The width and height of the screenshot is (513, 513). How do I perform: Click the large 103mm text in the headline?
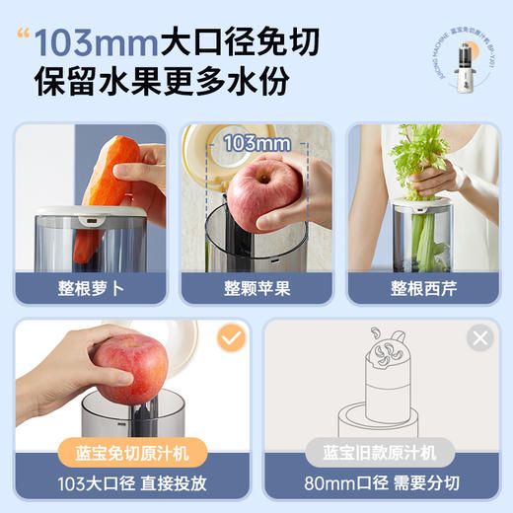[97, 44]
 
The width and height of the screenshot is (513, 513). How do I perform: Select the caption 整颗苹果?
[256, 289]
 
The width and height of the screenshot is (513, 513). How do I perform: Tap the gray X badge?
[479, 339]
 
